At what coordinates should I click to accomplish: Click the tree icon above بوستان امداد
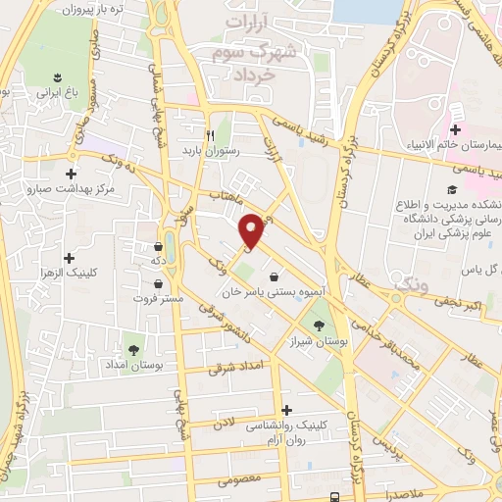pyautogui.click(x=132, y=348)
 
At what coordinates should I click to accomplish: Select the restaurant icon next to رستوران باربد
pyautogui.click(x=209, y=135)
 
